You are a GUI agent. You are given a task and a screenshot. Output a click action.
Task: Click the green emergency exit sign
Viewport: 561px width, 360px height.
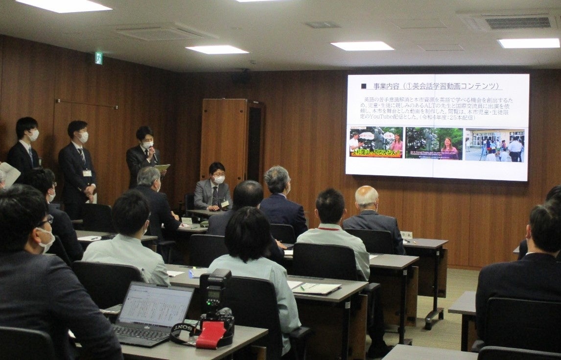click(x=98, y=58)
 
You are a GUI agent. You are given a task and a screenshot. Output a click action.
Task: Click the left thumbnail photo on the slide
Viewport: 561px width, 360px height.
click(x=375, y=143)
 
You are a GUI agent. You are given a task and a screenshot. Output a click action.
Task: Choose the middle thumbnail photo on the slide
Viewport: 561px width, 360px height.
click(x=434, y=143)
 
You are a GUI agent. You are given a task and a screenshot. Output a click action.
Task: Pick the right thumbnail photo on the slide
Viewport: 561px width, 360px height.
click(x=494, y=144)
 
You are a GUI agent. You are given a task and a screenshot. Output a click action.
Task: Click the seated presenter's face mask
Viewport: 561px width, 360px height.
click(x=218, y=180)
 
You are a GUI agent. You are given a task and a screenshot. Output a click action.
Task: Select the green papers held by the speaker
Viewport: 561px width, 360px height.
click(x=162, y=168)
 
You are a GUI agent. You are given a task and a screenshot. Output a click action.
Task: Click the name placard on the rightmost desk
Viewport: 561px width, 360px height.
click(x=406, y=235)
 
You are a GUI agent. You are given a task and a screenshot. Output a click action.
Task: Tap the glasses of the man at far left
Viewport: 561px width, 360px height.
click(x=47, y=221)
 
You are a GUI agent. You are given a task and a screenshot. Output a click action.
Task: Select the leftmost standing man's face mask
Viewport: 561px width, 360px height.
click(x=34, y=135)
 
